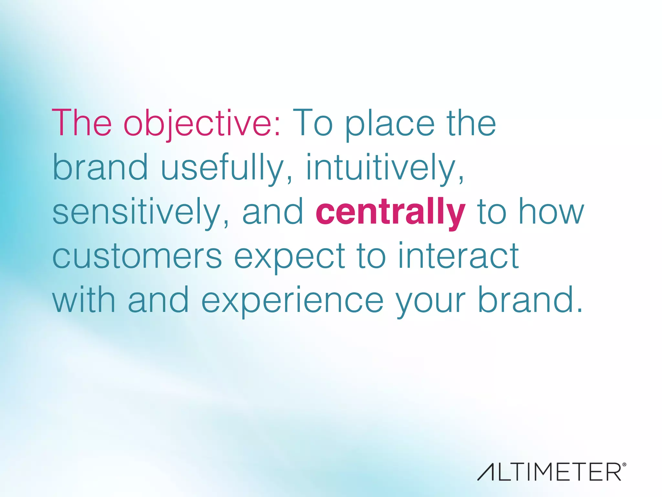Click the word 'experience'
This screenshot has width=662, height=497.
[x=293, y=301]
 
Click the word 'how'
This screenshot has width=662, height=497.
[x=551, y=212]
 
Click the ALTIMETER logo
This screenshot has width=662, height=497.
[x=550, y=472]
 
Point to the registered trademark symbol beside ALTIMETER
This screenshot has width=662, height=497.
[x=624, y=465]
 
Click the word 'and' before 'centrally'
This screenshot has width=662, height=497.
[x=272, y=212]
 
